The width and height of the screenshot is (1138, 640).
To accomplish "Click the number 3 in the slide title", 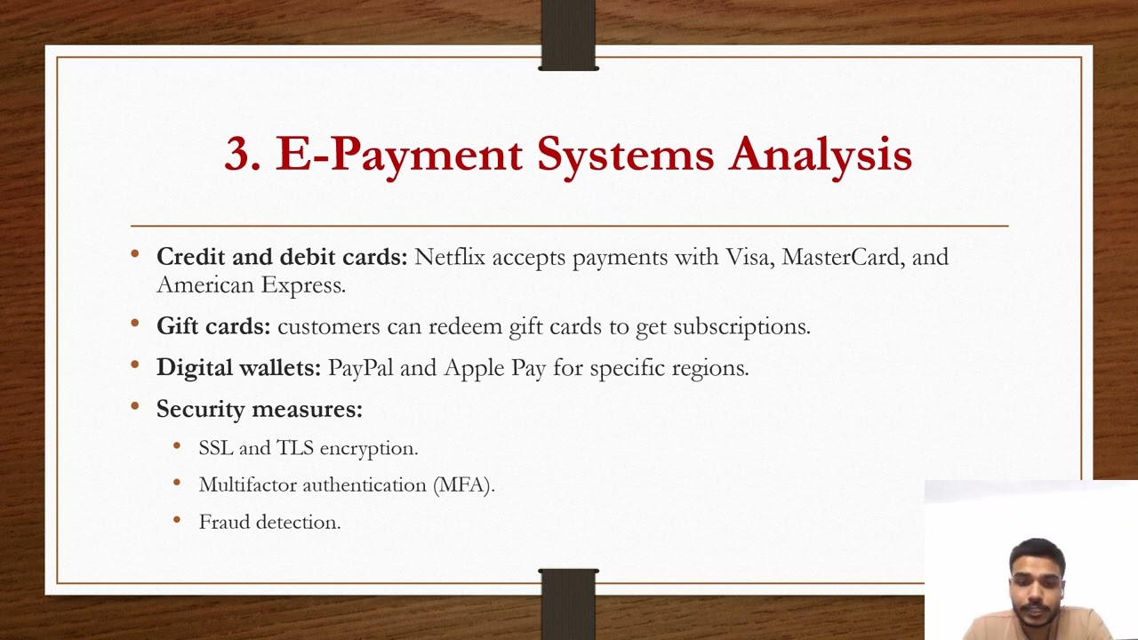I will [x=241, y=154].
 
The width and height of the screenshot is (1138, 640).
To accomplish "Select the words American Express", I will [x=250, y=285].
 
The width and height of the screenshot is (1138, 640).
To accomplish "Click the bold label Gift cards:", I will [x=213, y=326].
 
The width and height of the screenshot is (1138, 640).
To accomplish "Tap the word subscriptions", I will [x=741, y=327].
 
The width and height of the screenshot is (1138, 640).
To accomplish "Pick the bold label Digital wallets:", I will [x=238, y=368].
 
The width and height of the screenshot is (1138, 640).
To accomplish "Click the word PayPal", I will [x=361, y=368].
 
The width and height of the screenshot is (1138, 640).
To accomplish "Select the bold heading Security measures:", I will [x=259, y=409].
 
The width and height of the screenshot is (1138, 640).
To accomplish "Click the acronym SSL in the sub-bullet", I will [x=215, y=448].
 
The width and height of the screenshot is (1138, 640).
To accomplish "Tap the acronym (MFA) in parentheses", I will [x=463, y=485].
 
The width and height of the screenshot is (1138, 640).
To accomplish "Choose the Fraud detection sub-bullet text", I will [x=269, y=523].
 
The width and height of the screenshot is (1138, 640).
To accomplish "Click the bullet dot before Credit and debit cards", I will [x=135, y=255].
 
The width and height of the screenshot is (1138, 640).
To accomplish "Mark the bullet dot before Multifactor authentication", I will [x=178, y=484].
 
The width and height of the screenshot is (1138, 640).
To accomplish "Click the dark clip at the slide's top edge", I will [x=568, y=36].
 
